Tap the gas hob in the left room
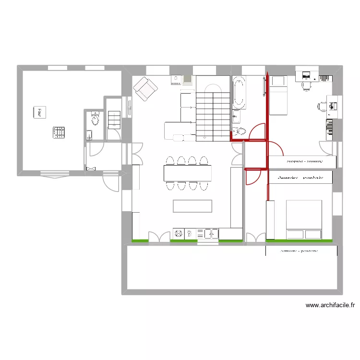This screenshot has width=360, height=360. coord(59,132)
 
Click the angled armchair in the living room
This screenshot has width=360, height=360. coord(145,88)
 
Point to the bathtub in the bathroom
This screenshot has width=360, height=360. coord(239,94)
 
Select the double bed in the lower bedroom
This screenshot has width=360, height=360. coord(304,219)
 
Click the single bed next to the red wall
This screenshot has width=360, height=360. coord(278,96)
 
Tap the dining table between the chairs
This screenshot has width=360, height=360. coord(187,173)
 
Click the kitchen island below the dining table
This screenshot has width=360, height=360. coord(192,206)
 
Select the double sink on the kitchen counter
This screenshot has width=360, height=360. coord(211,233)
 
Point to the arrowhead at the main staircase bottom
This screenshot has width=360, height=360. coord(205,138)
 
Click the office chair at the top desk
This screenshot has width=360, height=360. coord(307,85)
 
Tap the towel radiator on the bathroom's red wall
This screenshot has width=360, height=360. coord(264,86)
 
